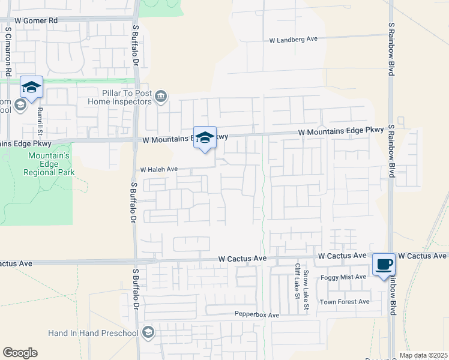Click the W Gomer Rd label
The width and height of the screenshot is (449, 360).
[x=36, y=20]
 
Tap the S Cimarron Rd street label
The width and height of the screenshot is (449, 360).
[x=8, y=51]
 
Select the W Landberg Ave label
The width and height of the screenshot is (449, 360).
[x=293, y=40]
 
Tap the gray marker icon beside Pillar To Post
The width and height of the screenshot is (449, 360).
[x=161, y=97]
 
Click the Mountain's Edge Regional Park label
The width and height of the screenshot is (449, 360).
[x=51, y=164]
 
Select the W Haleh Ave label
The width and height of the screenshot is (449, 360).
[x=159, y=170]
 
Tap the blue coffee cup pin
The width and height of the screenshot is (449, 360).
[x=384, y=263]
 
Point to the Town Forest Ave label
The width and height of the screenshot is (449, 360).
[x=344, y=302]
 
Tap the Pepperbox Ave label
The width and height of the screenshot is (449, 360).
[x=257, y=315]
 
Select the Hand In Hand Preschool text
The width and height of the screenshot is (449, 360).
[x=94, y=333]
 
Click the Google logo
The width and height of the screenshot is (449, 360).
[x=20, y=353]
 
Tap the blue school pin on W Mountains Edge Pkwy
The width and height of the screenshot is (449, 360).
[x=205, y=137]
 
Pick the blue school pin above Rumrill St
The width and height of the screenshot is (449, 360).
[x=31, y=88]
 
